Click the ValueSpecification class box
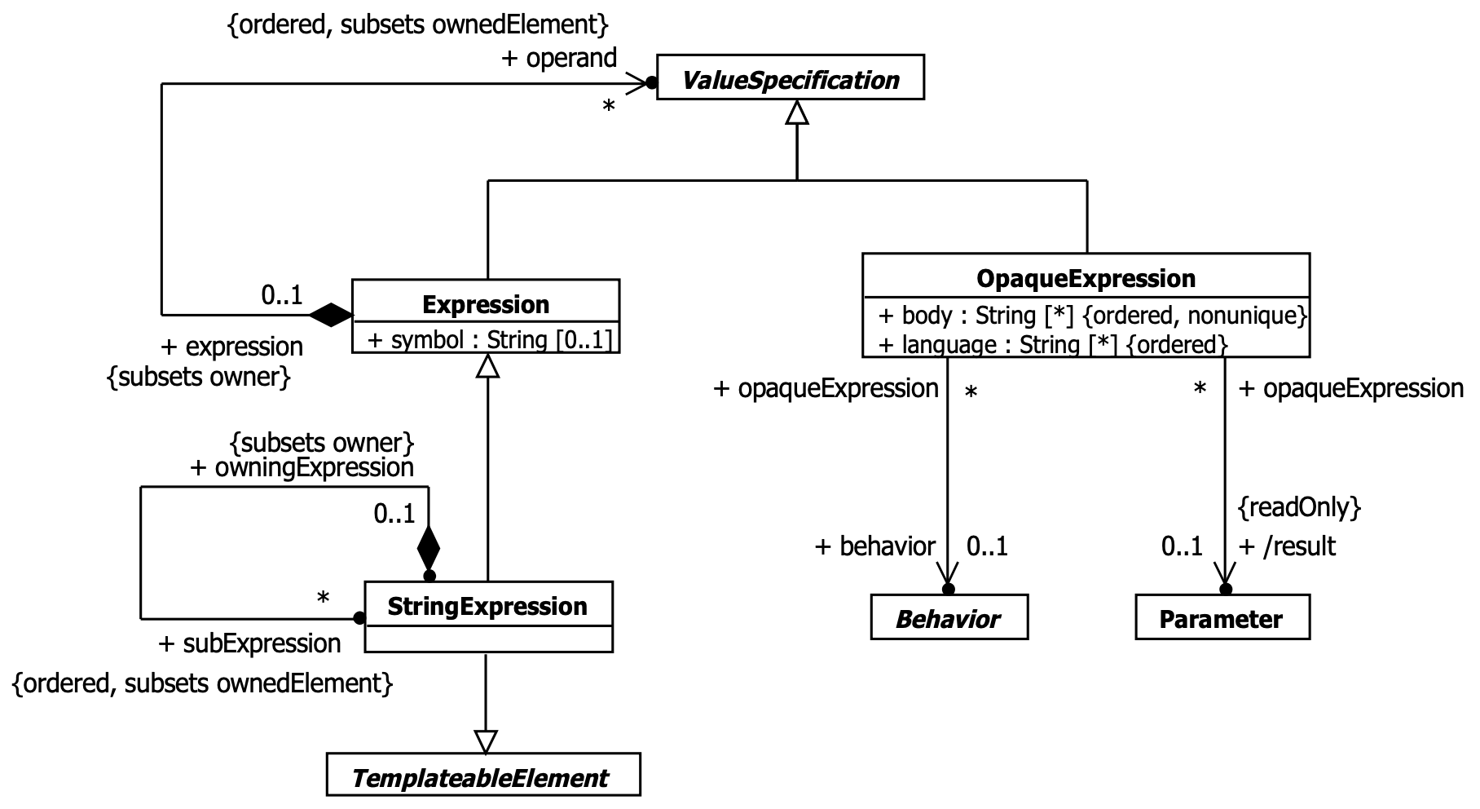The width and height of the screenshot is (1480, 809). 790,77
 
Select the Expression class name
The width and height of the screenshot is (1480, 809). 486,305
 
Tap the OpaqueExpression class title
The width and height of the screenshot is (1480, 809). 1086,279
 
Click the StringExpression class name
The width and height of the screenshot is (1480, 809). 487,606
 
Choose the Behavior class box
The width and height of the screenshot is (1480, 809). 949,619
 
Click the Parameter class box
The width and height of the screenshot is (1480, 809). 1222,619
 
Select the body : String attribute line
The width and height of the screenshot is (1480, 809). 1092,316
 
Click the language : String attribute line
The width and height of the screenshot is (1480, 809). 1053,345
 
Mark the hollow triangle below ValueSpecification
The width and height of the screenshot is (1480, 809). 796,113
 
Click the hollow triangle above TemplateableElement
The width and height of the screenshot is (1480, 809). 485,740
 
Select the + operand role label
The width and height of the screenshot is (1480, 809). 559,59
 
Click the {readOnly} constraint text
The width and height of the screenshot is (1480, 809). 1299,507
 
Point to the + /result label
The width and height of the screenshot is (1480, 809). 1287,546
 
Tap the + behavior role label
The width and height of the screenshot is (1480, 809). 874,546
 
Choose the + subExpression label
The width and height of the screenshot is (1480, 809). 249,643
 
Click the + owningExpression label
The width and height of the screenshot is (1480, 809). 302,467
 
